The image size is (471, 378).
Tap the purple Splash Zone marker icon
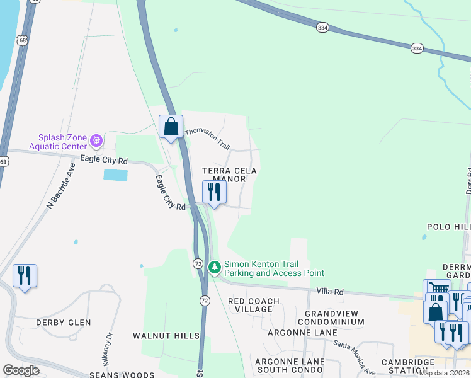pyautogui.click(x=96, y=140)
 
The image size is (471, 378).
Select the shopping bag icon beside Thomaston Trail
pyautogui.click(x=171, y=127)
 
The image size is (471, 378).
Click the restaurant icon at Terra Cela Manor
pyautogui.click(x=214, y=192)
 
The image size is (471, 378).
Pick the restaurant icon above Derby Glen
pyautogui.click(x=25, y=276)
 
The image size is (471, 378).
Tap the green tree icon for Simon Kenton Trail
pyautogui.click(x=215, y=268)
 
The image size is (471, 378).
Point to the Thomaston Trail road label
pyautogui.click(x=207, y=138)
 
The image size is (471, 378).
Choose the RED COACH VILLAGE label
pyautogui.click(x=254, y=306)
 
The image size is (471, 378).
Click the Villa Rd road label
pyautogui.click(x=330, y=292)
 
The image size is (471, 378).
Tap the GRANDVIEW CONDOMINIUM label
pyautogui.click(x=334, y=318)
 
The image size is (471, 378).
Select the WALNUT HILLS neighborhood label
pyautogui.click(x=166, y=336)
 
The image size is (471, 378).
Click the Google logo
pyautogui.click(x=21, y=370)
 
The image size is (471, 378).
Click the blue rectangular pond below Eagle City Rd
pyautogui.click(x=115, y=175)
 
